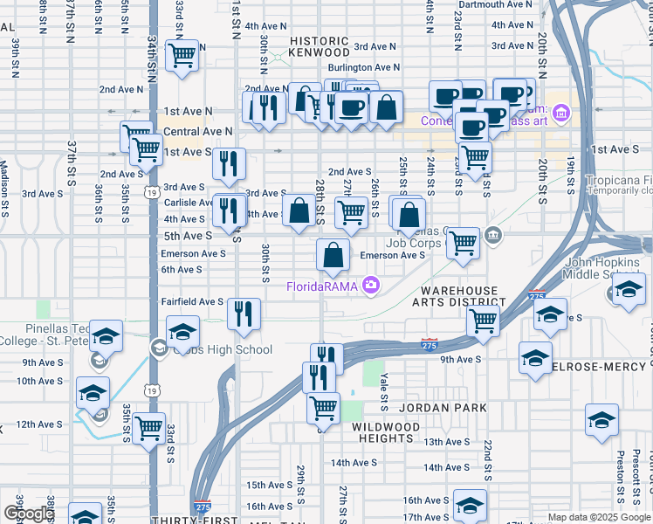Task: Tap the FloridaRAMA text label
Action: coord(323,286)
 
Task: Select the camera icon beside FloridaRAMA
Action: coord(372,286)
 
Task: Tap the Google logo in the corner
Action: coord(29,514)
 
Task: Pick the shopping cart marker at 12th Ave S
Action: coord(149,429)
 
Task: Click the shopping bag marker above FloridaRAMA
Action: coord(333,256)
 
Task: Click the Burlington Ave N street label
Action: coord(363,67)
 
